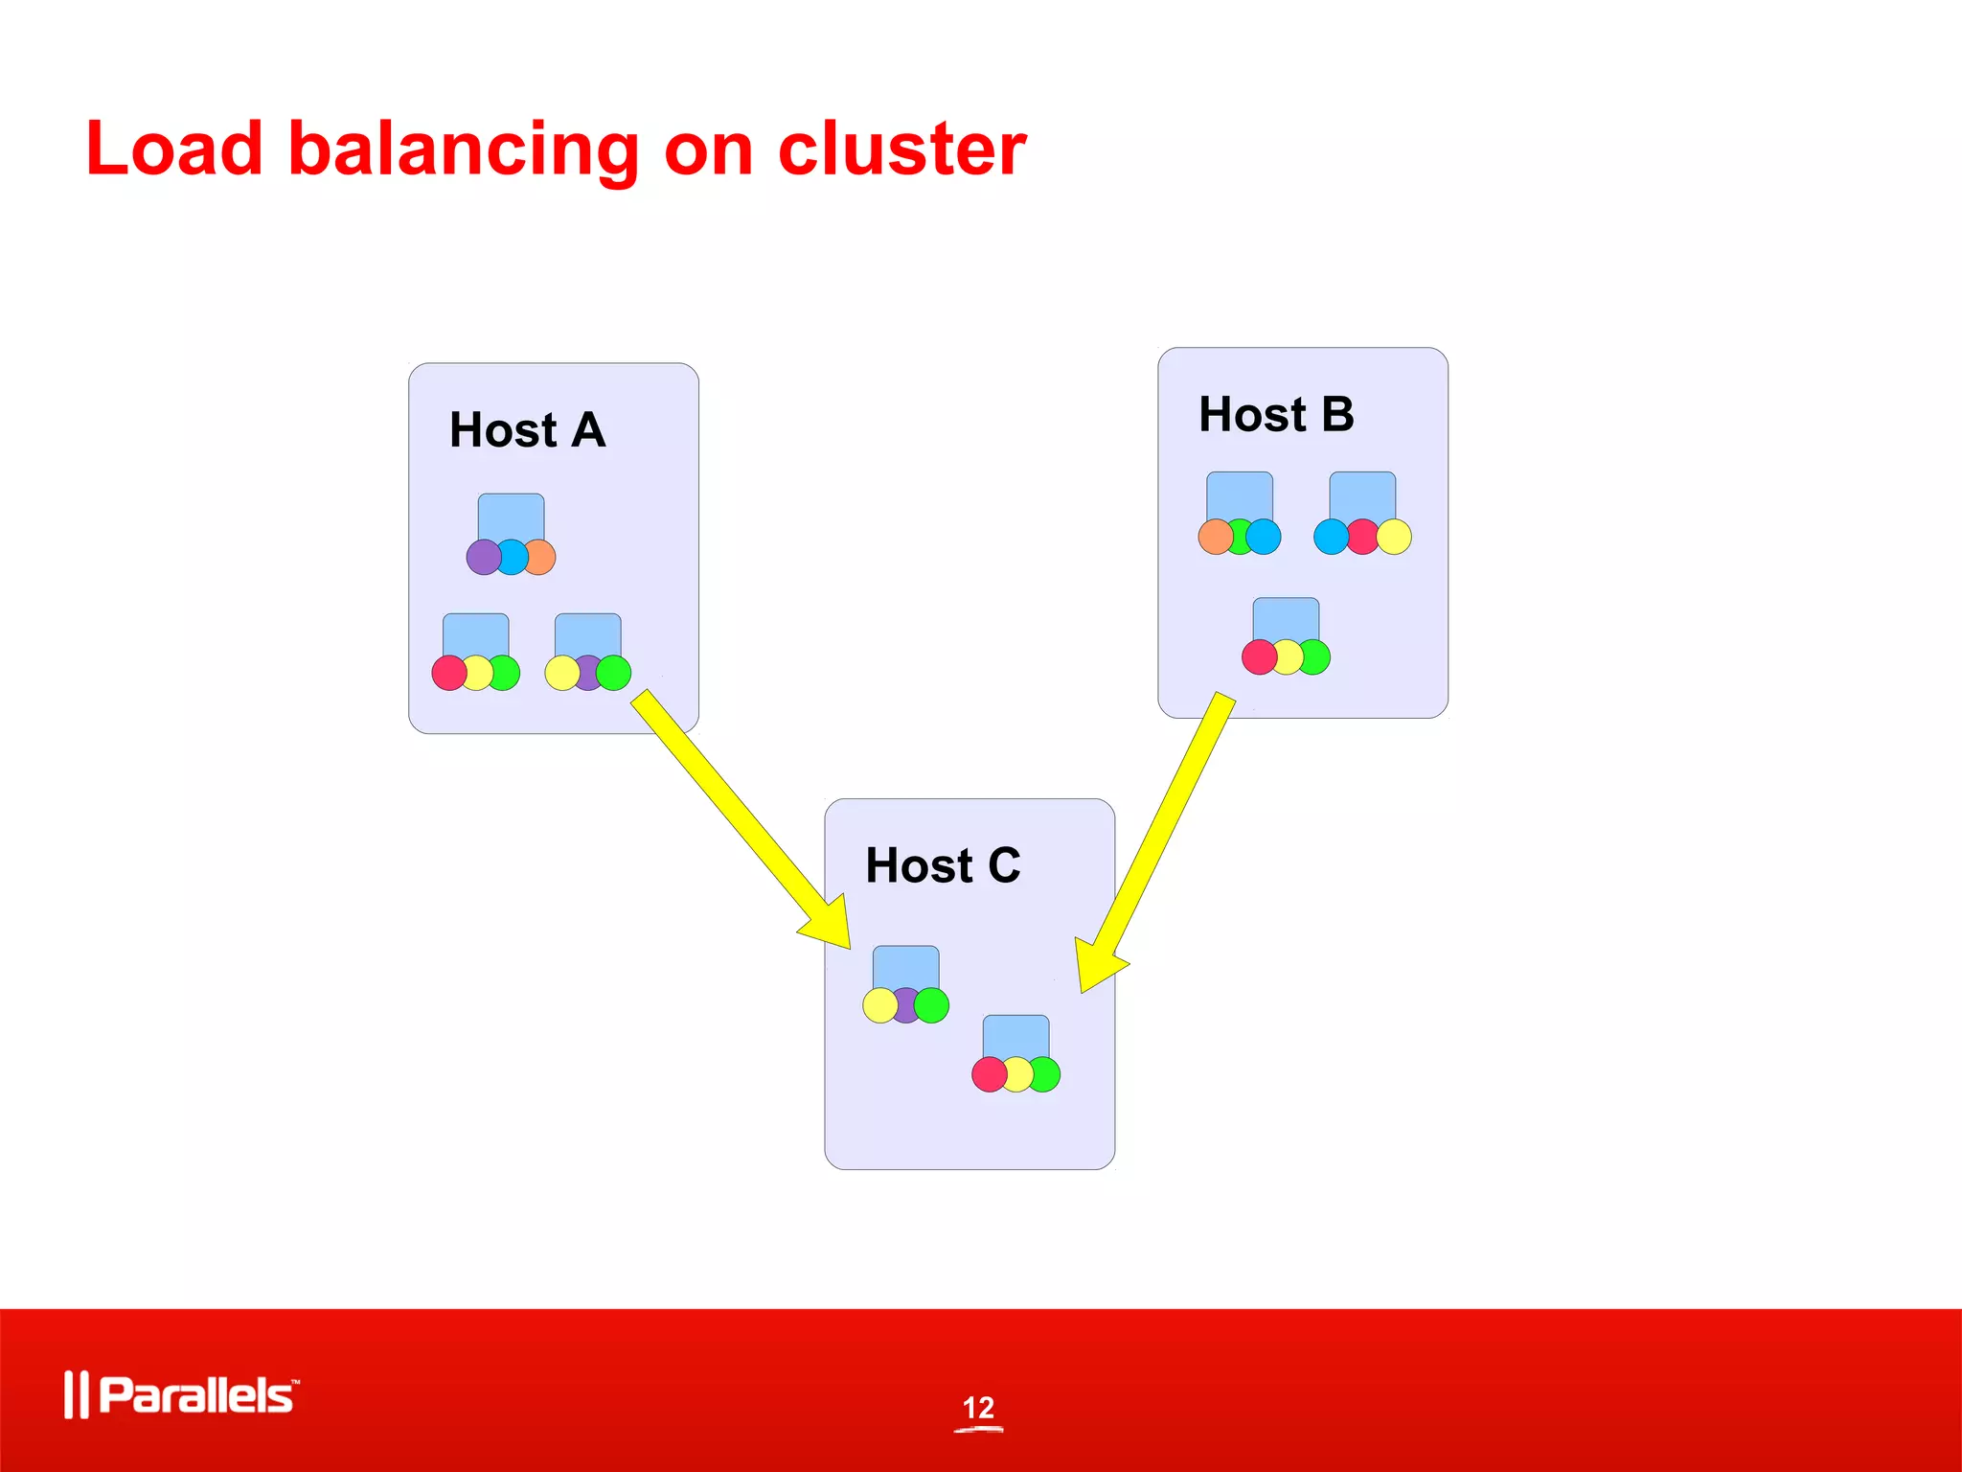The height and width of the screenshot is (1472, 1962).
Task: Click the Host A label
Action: click(528, 430)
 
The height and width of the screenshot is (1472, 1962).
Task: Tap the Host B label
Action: click(1276, 415)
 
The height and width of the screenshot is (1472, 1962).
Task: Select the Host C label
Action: click(943, 865)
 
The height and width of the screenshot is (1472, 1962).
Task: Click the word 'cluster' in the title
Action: click(901, 149)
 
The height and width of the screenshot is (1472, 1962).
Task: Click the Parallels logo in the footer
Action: click(182, 1394)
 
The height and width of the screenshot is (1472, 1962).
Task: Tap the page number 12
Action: click(978, 1408)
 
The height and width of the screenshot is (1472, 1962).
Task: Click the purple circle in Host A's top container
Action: click(482, 557)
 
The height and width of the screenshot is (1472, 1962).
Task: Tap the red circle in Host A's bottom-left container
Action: click(448, 673)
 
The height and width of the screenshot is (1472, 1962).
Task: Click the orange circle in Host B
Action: click(1215, 537)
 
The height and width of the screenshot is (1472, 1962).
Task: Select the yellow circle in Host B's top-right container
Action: click(1395, 537)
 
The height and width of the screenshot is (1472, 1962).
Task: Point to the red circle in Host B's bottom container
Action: click(1259, 657)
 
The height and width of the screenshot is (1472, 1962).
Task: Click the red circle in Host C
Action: click(989, 1074)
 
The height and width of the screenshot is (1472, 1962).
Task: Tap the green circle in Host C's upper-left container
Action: click(932, 1005)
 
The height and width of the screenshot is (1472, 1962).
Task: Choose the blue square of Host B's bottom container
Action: click(1286, 618)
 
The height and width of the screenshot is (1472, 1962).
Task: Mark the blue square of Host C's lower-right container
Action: click(1015, 1036)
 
